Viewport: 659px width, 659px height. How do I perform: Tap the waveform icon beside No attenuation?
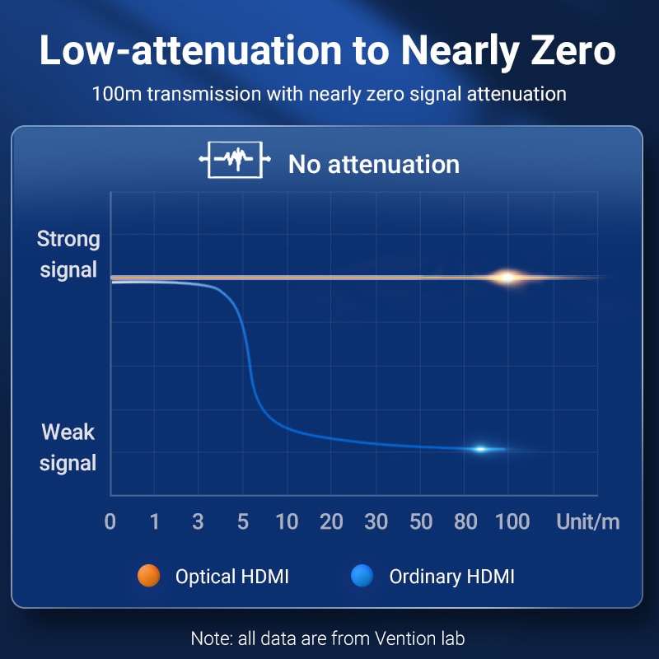coord(235,161)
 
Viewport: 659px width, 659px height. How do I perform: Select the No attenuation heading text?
coord(373,163)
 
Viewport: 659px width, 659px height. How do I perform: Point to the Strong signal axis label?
coord(69,255)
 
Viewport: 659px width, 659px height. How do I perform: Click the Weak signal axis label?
coord(68,447)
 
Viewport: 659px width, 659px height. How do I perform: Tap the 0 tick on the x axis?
coord(110,521)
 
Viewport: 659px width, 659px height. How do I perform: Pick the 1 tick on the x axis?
coord(154,521)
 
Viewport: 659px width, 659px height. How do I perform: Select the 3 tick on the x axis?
coord(198,521)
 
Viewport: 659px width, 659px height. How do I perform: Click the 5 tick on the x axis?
coord(242,521)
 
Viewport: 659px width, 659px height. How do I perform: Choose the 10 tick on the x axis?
coord(287,521)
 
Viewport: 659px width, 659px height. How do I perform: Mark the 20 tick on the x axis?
coord(331,521)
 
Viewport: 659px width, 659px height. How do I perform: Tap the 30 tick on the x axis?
coord(376,521)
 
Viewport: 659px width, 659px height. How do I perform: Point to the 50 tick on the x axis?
coord(421,521)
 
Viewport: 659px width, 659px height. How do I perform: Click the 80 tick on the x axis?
coord(465,521)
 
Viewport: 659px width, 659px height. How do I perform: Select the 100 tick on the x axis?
coord(512,521)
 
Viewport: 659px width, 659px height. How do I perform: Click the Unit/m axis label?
coord(587,521)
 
